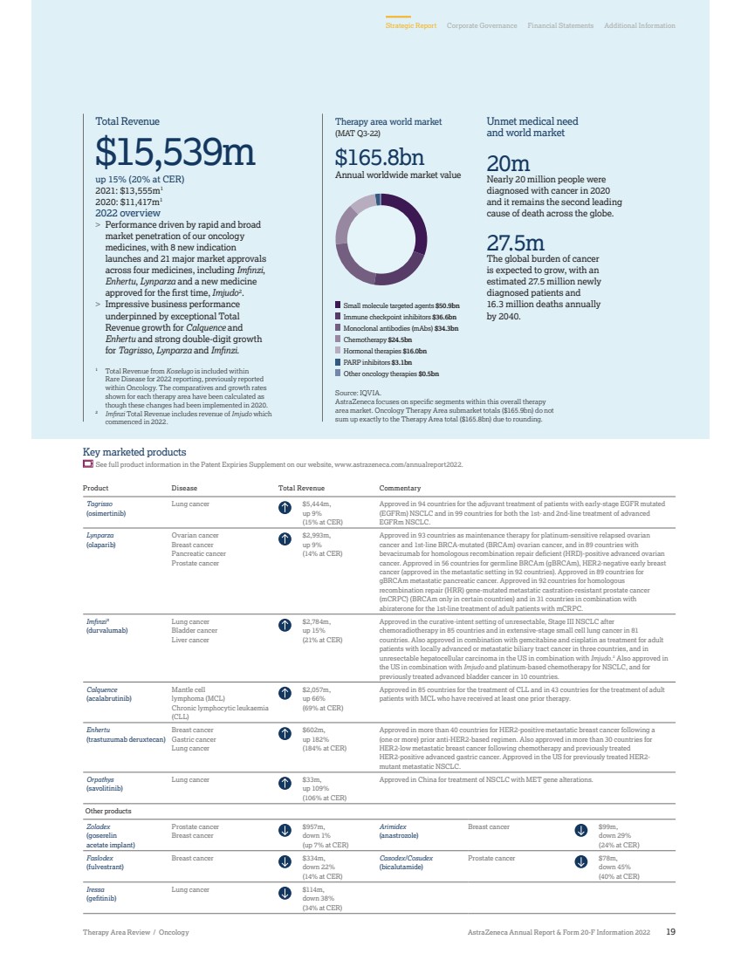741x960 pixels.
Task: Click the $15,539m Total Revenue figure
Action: [x=175, y=153]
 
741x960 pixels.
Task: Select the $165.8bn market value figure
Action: [x=380, y=158]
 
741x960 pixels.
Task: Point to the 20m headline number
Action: [x=508, y=163]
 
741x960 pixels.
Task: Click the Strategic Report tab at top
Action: [x=411, y=26]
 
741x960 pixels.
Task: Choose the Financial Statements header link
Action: [x=560, y=26]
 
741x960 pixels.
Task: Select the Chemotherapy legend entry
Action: [x=377, y=339]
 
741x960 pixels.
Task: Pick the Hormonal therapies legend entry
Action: [x=380, y=350]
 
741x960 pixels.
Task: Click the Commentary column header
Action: [x=400, y=489]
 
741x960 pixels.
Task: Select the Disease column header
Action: [x=184, y=489]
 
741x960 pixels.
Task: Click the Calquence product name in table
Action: [x=100, y=689]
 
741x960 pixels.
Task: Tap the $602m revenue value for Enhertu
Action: [x=314, y=729]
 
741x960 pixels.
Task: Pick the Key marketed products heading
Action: [x=134, y=452]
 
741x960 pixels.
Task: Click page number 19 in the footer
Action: [x=670, y=932]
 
